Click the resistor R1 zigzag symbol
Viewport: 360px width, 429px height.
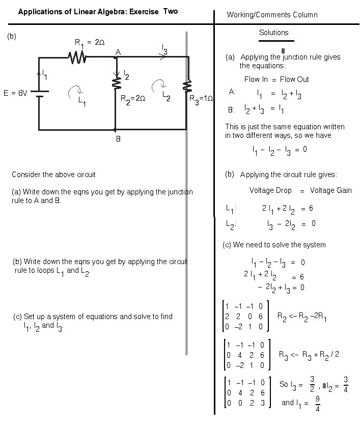click(77, 58)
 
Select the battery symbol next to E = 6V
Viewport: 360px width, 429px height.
click(40, 94)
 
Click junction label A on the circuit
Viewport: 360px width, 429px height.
click(118, 52)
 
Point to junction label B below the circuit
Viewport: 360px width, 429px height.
click(118, 139)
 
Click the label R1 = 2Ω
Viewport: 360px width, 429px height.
click(90, 43)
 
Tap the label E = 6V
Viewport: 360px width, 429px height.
click(15, 93)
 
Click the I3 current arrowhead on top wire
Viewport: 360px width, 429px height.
click(163, 57)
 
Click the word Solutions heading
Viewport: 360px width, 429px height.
click(274, 33)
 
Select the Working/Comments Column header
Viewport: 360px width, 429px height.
click(272, 15)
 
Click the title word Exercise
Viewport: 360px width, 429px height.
click(144, 12)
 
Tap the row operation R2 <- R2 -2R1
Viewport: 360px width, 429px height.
click(302, 317)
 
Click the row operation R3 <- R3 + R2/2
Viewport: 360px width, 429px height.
click(309, 355)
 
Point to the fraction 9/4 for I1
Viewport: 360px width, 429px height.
click(318, 404)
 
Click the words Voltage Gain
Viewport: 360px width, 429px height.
click(330, 190)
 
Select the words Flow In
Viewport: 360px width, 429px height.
click(256, 79)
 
